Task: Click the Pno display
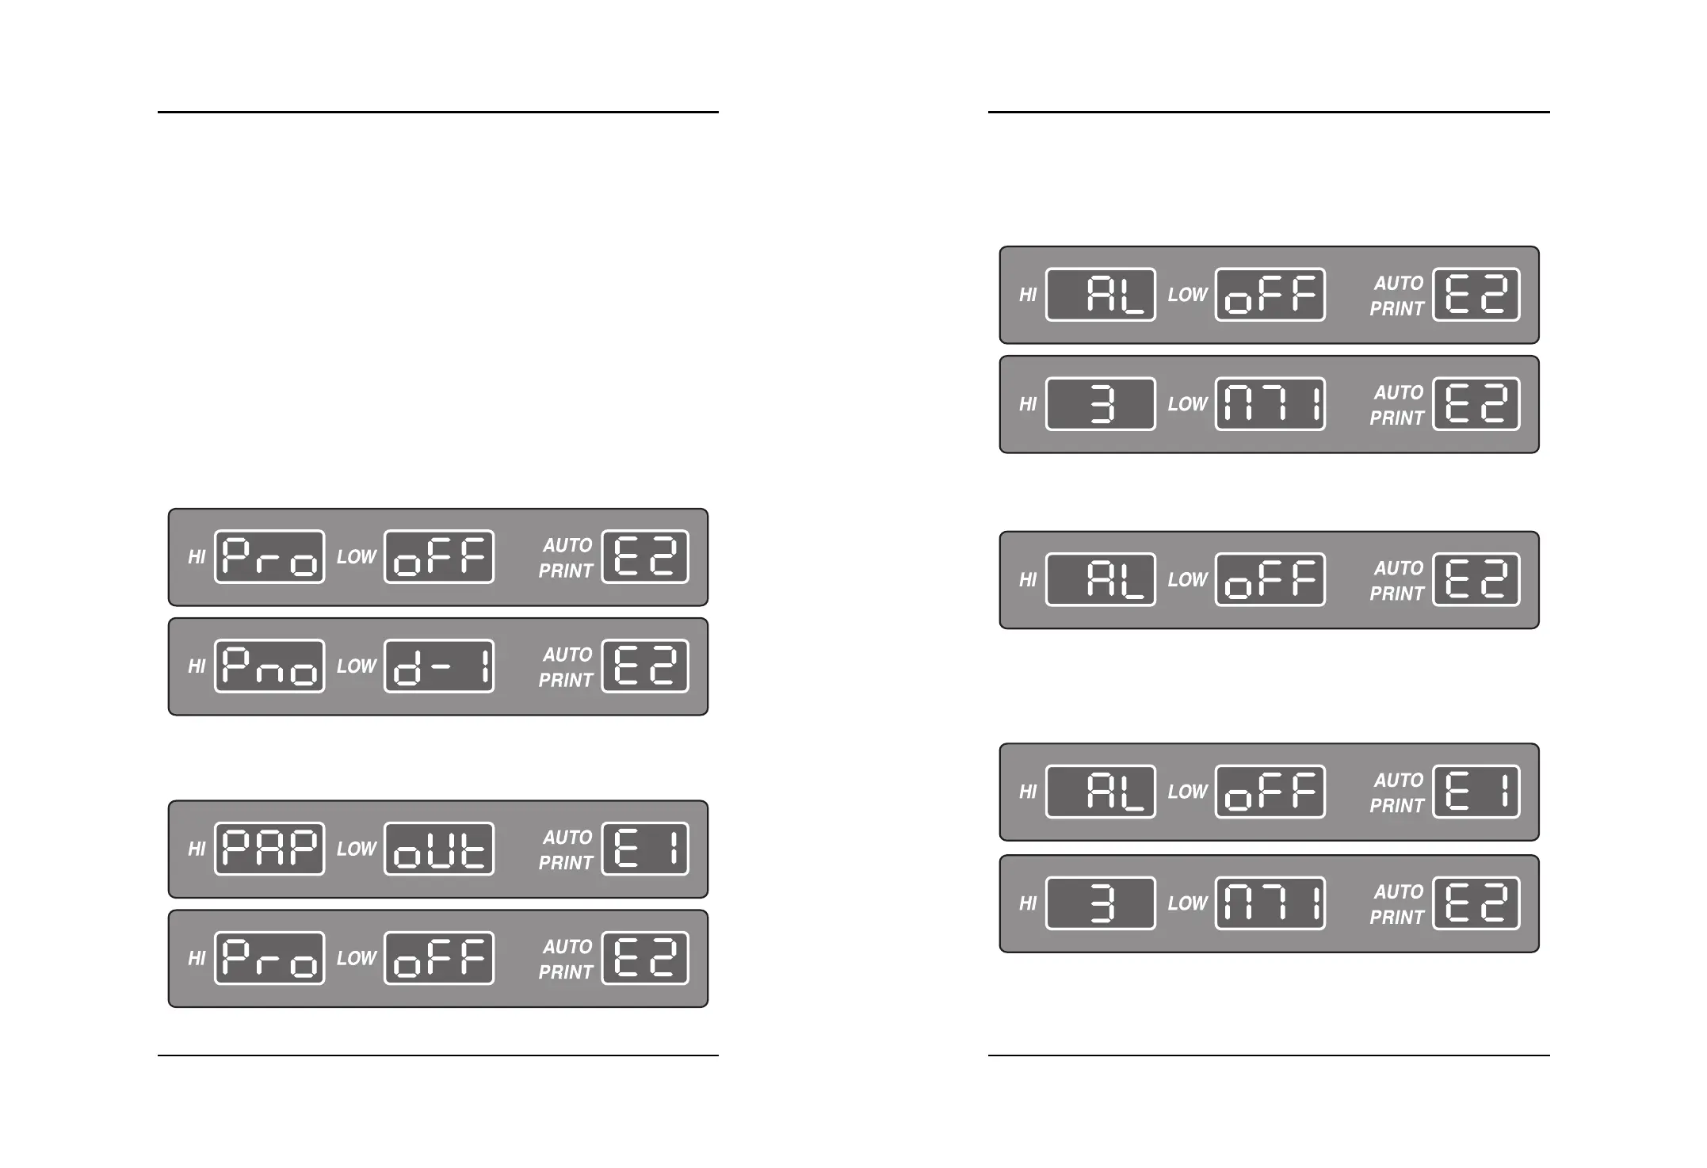point(269,666)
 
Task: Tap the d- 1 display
point(439,666)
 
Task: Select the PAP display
point(269,849)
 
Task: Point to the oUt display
point(439,849)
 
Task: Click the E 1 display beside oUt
point(645,849)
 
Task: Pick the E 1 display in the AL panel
point(1476,792)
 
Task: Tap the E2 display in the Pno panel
point(645,666)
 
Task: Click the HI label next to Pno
point(197,666)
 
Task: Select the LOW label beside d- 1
point(357,666)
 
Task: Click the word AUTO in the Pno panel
point(567,655)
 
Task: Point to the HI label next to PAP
point(197,849)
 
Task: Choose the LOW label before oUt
point(357,849)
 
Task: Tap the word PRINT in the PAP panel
point(566,863)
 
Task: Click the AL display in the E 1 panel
point(1101,792)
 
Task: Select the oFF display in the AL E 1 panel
point(1270,792)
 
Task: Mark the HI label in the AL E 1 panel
point(1028,792)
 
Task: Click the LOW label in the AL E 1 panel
point(1188,792)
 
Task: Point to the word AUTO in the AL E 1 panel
point(1399,781)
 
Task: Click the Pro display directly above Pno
point(269,556)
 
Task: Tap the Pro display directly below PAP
point(269,958)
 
